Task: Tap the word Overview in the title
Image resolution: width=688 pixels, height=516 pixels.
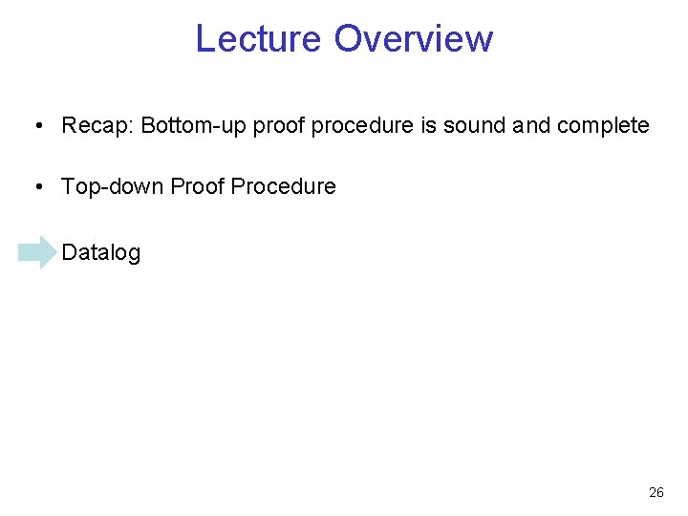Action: [x=413, y=38]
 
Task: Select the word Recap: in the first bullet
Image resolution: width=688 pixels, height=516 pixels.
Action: [x=97, y=125]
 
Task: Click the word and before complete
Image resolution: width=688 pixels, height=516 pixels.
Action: [x=532, y=125]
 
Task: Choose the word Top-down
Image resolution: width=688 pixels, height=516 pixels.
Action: [x=112, y=186]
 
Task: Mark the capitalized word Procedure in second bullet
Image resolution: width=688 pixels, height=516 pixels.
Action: [x=283, y=186]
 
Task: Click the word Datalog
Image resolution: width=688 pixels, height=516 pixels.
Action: [x=100, y=252]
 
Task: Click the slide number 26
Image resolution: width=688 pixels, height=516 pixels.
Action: [x=656, y=493]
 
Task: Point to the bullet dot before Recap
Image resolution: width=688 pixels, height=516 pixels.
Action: [x=35, y=126]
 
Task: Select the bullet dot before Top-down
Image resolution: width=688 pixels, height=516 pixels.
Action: [x=35, y=187]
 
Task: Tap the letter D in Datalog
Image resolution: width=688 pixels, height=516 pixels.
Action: [x=68, y=252]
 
